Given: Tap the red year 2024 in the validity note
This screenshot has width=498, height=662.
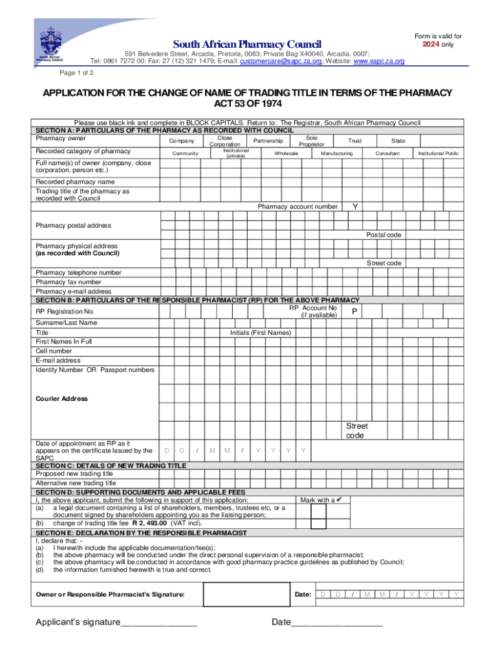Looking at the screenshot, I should (431, 45).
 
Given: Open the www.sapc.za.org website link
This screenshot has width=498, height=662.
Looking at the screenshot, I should (379, 61).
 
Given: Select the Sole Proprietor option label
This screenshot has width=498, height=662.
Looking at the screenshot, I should (312, 141).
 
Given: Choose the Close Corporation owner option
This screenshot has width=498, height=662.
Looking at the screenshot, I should (225, 141).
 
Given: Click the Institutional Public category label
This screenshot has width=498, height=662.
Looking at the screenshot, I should (438, 154).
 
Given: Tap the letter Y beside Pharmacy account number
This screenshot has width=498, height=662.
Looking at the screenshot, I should (354, 206).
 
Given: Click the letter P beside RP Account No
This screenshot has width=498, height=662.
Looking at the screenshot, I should (354, 312).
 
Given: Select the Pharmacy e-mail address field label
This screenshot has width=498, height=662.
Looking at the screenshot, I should (69, 292).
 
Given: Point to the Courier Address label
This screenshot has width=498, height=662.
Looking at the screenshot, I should (62, 399).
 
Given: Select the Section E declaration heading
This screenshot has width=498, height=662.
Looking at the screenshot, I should (141, 533).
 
